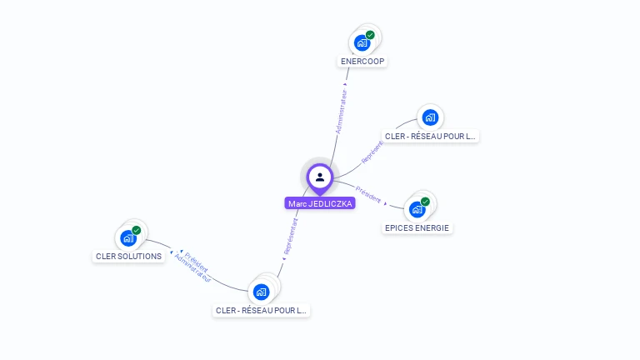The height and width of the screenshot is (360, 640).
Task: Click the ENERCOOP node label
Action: click(363, 62)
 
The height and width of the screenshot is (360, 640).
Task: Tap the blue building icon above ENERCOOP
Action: click(362, 42)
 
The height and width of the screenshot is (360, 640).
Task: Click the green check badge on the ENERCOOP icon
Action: click(370, 35)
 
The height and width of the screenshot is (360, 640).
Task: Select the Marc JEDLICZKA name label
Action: click(320, 203)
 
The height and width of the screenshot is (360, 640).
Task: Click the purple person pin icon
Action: click(320, 177)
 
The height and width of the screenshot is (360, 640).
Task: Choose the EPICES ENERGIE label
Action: click(418, 227)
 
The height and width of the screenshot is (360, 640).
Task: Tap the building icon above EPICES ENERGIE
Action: click(417, 209)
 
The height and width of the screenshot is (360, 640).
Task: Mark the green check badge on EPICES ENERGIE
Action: click(425, 202)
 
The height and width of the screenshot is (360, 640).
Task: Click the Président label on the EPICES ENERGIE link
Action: click(368, 194)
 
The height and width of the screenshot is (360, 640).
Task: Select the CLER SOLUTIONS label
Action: click(129, 256)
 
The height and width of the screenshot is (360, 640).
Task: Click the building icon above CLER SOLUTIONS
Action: click(127, 238)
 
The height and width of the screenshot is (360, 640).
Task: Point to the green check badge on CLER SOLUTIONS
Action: click(136, 231)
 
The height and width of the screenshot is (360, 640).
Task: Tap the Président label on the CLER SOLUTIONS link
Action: click(197, 262)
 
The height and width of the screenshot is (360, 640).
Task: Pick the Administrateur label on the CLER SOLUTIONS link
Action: click(192, 270)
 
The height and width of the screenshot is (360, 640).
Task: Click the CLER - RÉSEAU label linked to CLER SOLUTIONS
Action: click(262, 311)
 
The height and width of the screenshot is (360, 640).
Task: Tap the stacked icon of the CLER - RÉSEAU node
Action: click(262, 292)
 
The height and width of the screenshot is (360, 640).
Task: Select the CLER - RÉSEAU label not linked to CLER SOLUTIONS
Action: click(430, 136)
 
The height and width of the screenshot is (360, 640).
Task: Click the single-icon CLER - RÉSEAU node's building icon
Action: click(430, 117)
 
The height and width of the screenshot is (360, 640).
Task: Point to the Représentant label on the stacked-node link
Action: click(291, 236)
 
